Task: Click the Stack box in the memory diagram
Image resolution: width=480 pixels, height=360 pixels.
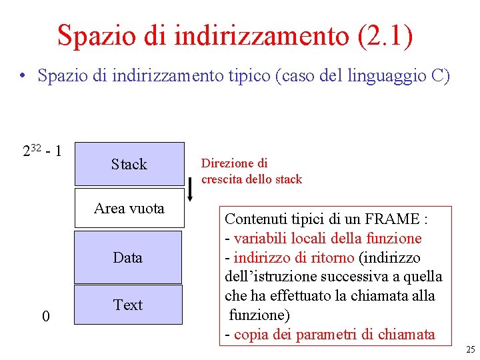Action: tap(129, 164)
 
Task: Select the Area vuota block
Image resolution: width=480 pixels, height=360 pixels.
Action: tap(129, 208)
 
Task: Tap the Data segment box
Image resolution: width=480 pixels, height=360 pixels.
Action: tap(127, 257)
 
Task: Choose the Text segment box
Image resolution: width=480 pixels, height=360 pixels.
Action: tap(127, 305)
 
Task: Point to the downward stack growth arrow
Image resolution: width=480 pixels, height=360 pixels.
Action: tap(191, 189)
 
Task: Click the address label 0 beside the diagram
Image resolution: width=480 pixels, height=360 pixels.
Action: tap(45, 315)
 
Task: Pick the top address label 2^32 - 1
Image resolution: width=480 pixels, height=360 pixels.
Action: tap(43, 150)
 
